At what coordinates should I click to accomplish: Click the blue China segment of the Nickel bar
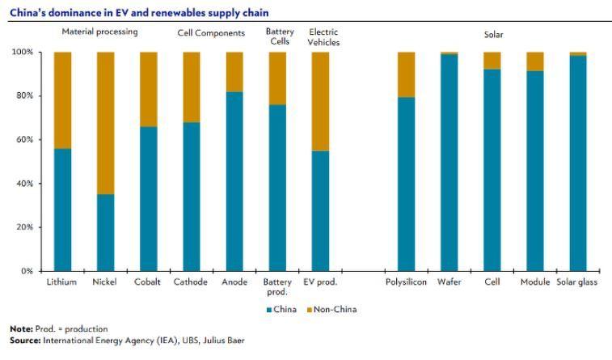(105, 232)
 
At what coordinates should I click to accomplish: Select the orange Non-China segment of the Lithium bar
(61, 100)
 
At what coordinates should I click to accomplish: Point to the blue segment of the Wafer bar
(449, 163)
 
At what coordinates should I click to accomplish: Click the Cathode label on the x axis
(191, 282)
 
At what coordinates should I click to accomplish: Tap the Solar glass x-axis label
(577, 282)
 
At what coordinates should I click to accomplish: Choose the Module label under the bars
(534, 282)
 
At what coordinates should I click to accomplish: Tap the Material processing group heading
(100, 32)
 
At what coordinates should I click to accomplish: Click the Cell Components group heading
(211, 32)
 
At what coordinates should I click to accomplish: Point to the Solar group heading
(492, 35)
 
